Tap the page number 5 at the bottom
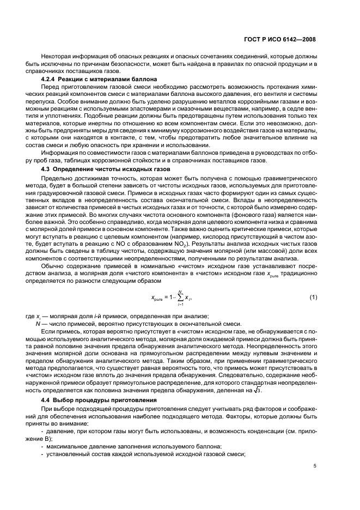coord(314,465)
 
